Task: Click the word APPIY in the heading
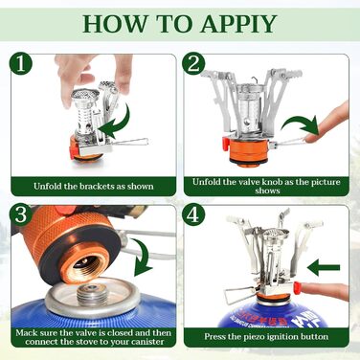point(238,24)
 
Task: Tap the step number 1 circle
point(21,63)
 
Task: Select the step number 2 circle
point(193,63)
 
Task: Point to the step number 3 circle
point(21,214)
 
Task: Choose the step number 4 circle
point(193,214)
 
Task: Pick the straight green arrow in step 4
point(324,267)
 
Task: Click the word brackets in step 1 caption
point(98,186)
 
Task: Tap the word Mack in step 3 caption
point(26,333)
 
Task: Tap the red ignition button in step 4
point(298,287)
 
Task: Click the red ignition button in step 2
point(225,144)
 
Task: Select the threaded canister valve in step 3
point(93,294)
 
